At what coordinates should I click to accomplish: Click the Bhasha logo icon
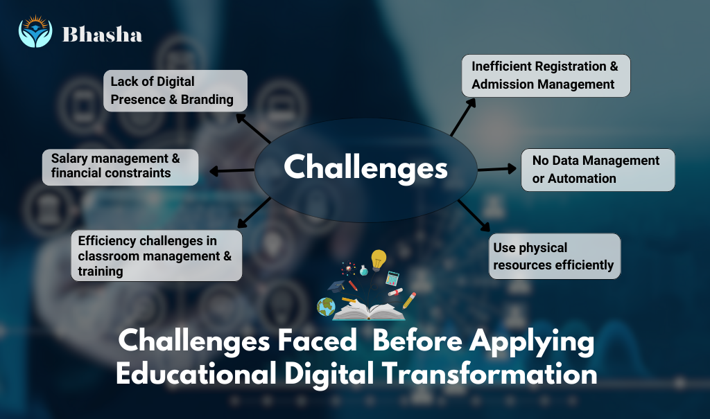point(35,32)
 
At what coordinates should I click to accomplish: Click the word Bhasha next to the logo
point(102,34)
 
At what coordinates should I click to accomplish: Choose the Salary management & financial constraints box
point(120,166)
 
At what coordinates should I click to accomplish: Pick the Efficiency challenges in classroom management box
point(156,256)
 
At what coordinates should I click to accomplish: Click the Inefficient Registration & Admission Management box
point(546,75)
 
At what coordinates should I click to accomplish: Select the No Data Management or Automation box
point(597,170)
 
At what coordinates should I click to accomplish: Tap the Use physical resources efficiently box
point(554,256)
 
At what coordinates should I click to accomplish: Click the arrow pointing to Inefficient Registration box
point(463,116)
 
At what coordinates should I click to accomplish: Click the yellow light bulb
point(378,261)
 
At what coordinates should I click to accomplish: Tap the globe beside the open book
point(325,305)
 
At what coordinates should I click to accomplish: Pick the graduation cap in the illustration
point(337,286)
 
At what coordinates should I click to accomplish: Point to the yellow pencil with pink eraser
point(410,300)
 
